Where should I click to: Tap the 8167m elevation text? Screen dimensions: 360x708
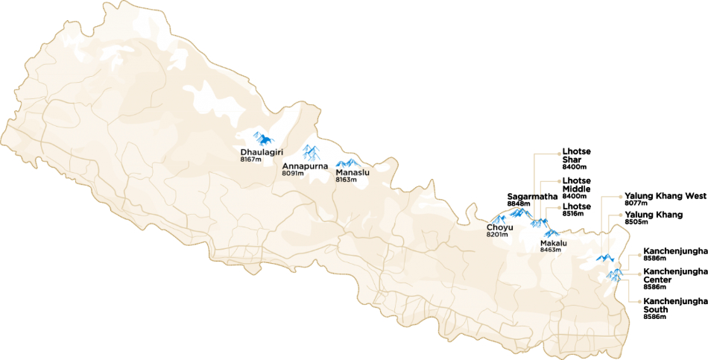(x=251, y=160)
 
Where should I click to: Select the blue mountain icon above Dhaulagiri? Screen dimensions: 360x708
(x=262, y=138)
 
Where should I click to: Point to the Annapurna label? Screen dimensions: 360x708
(x=306, y=166)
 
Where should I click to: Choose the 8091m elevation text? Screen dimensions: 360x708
(x=293, y=174)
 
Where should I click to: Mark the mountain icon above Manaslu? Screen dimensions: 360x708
(x=347, y=162)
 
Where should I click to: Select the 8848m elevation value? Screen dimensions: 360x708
(x=518, y=203)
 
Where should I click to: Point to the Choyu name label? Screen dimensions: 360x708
(x=500, y=227)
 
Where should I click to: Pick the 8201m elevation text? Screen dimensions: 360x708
(x=497, y=235)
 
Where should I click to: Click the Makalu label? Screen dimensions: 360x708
(x=554, y=243)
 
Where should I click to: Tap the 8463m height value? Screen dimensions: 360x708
(x=551, y=250)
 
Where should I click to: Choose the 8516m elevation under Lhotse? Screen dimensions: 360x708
(x=573, y=214)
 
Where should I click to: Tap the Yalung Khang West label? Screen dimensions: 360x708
(x=665, y=195)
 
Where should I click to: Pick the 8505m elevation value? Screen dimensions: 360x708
(x=635, y=222)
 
